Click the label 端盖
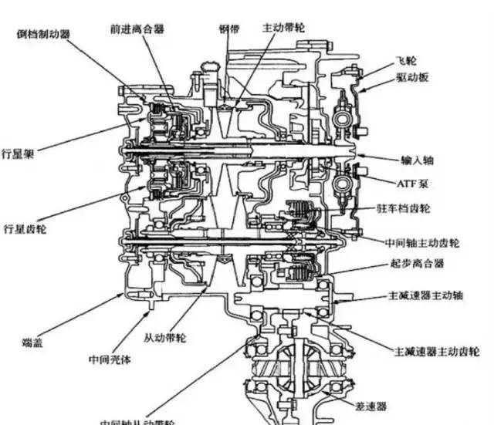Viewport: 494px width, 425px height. pos(32,340)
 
